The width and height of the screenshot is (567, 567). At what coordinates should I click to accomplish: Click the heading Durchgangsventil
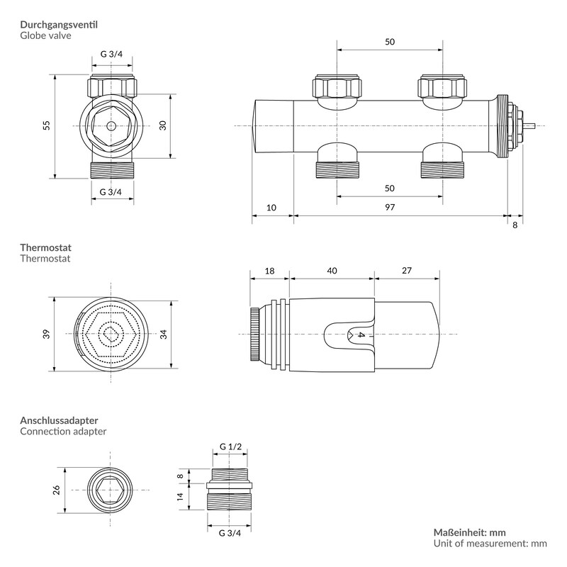[x=59, y=25]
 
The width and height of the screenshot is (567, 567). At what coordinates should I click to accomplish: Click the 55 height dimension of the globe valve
[x=47, y=125]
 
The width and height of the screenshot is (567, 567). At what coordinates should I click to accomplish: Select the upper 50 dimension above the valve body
[x=390, y=42]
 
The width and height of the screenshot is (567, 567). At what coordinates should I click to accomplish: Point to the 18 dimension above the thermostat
[x=269, y=271]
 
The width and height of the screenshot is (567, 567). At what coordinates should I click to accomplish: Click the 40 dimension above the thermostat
[x=332, y=271]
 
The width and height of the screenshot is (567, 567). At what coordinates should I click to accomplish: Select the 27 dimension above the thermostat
[x=406, y=271]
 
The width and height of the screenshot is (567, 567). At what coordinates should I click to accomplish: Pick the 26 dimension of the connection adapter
[x=57, y=490]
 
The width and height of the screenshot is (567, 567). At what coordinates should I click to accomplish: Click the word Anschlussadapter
[x=59, y=420]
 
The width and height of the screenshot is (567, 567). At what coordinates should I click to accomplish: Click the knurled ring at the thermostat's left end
[x=253, y=335]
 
